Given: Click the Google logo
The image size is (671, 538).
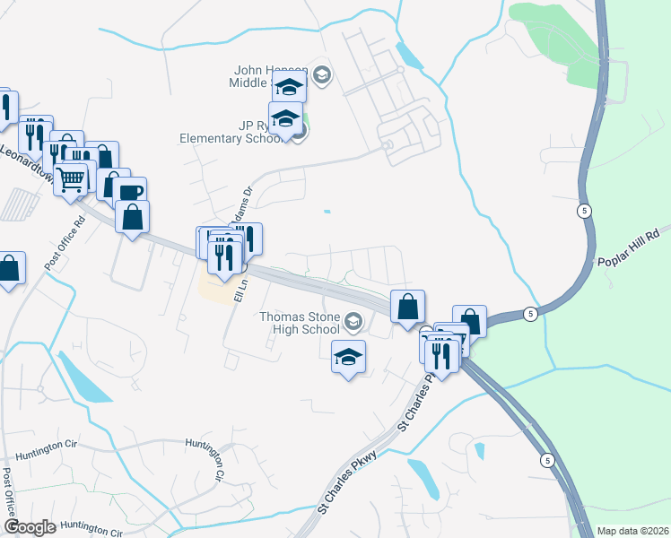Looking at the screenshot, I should (x=29, y=527).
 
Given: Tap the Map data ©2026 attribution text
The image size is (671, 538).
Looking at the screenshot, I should (x=633, y=531).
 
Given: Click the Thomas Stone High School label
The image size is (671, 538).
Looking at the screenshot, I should (x=300, y=323).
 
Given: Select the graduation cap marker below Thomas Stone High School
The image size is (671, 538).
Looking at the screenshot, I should (x=348, y=358).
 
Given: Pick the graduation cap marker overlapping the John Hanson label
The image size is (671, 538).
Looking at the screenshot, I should (x=289, y=87).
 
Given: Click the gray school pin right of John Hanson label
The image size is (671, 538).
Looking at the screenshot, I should (x=324, y=74).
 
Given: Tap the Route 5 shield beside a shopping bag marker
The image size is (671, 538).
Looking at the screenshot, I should (x=531, y=313).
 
